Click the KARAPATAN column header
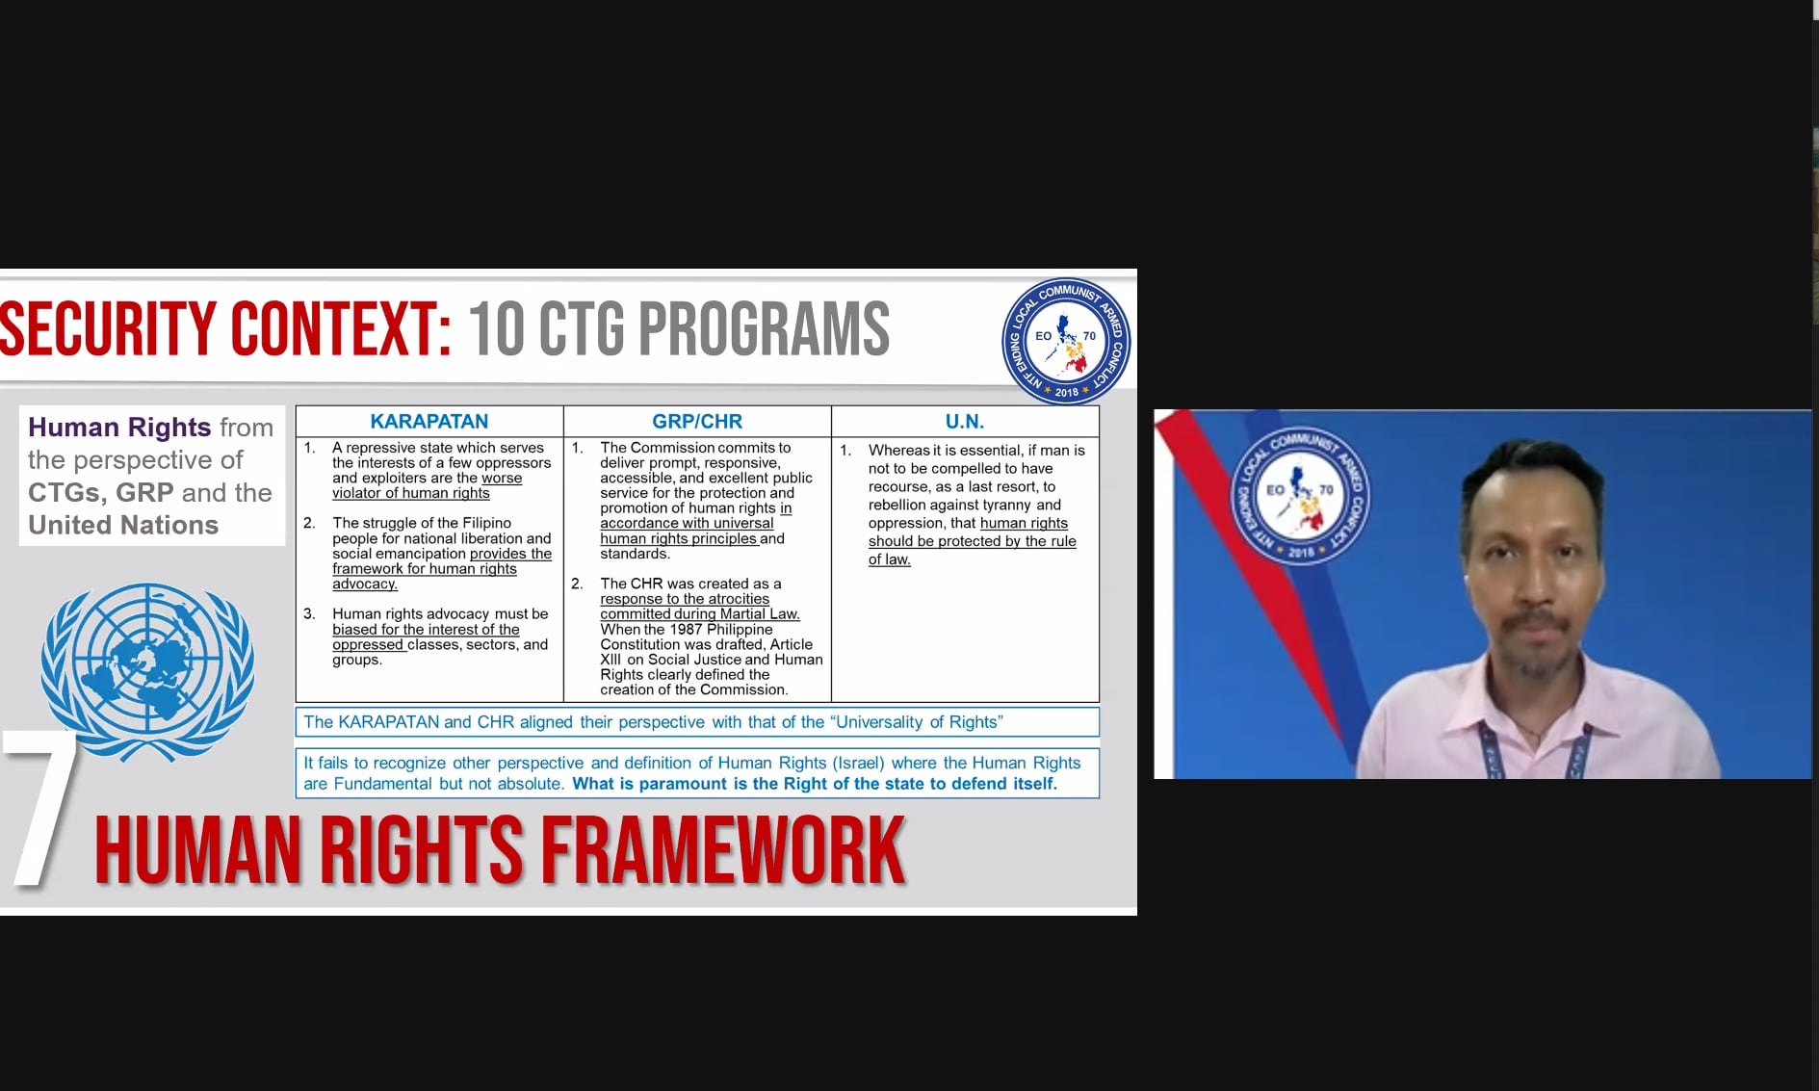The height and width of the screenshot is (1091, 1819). [x=429, y=421]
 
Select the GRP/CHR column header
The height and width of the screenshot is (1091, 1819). [x=697, y=421]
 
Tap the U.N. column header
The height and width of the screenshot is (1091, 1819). [x=965, y=421]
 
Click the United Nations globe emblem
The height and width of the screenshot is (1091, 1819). [x=147, y=669]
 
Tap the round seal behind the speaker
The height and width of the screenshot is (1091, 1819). [x=1299, y=494]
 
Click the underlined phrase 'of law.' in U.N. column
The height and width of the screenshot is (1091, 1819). [x=889, y=559]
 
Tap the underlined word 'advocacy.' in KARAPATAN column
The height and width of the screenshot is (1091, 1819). [x=365, y=584]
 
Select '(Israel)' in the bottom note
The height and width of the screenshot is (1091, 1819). [x=858, y=763]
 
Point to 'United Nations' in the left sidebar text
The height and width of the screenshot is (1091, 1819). [x=123, y=525]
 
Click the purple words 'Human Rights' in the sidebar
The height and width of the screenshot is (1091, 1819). [x=119, y=427]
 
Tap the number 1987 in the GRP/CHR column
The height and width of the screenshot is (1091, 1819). [x=687, y=629]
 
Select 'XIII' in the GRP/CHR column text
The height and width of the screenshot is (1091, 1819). [x=611, y=660]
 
